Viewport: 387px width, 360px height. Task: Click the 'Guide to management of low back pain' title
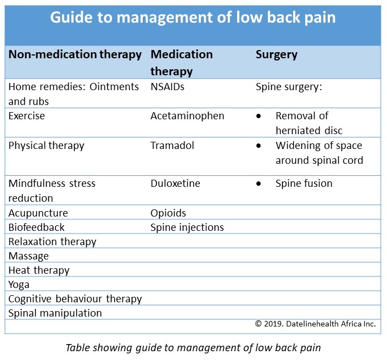(193, 17)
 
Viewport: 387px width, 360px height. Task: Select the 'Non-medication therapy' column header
(75, 54)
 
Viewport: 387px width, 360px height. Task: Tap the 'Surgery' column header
(277, 55)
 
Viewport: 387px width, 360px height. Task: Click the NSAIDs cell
(167, 87)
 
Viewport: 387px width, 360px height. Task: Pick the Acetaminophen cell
(187, 116)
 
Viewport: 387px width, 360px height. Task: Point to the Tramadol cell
(172, 145)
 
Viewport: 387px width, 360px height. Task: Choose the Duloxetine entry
(175, 184)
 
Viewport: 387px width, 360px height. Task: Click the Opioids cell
(168, 213)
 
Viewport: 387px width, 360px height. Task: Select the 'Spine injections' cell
(187, 228)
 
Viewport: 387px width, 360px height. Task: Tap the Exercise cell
(27, 116)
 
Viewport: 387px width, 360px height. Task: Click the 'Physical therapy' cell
(47, 146)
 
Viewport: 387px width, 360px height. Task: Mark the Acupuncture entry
(38, 213)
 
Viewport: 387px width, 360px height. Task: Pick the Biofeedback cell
(37, 228)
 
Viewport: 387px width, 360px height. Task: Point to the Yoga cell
(19, 285)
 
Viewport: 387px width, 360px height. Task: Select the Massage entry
(29, 256)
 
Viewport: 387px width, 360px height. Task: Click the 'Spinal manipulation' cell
(55, 313)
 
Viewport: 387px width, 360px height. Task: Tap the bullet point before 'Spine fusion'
(259, 184)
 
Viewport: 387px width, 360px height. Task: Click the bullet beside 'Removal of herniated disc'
(259, 116)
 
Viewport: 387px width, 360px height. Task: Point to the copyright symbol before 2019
(259, 324)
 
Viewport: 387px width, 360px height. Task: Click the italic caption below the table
(193, 348)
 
